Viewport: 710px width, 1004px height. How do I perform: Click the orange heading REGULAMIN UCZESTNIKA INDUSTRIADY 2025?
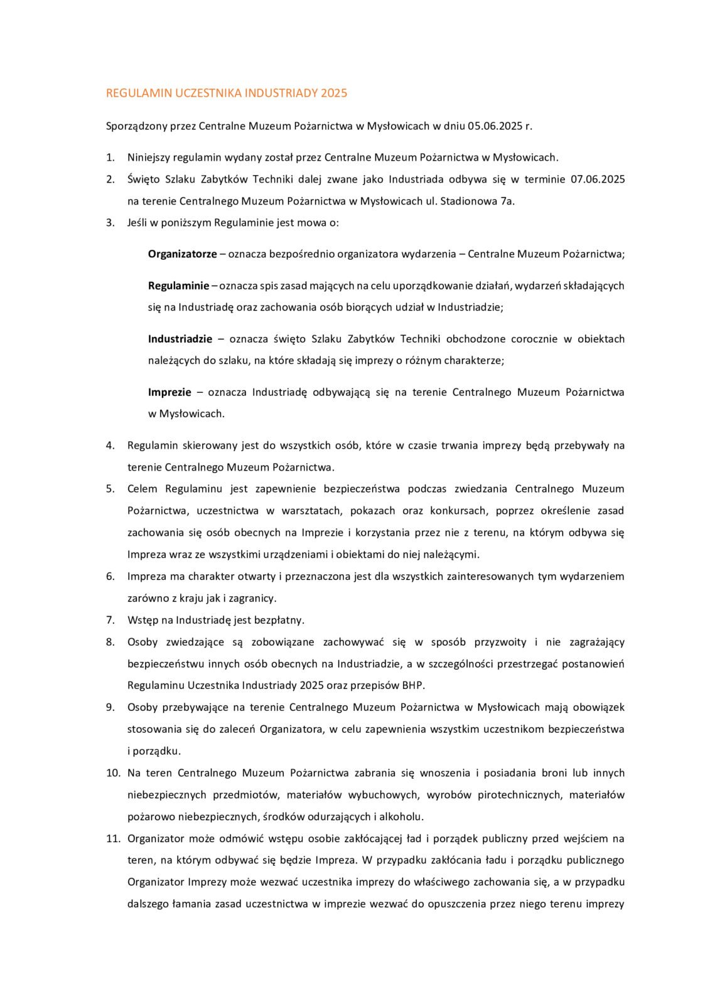pos(226,93)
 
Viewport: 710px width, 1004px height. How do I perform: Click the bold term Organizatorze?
pos(182,254)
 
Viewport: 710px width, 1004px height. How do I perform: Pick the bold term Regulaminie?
pos(178,286)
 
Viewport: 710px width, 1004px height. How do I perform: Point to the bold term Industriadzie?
pos(180,339)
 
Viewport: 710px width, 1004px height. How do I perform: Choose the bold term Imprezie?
pos(169,392)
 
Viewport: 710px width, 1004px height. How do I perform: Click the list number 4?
pos(110,446)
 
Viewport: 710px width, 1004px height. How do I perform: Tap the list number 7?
pos(110,620)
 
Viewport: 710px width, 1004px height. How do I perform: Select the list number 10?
pos(112,773)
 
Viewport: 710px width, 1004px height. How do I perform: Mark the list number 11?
pos(112,838)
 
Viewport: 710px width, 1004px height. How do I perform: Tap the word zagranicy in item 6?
pos(254,598)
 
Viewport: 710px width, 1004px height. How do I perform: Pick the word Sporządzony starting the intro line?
pos(137,125)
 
